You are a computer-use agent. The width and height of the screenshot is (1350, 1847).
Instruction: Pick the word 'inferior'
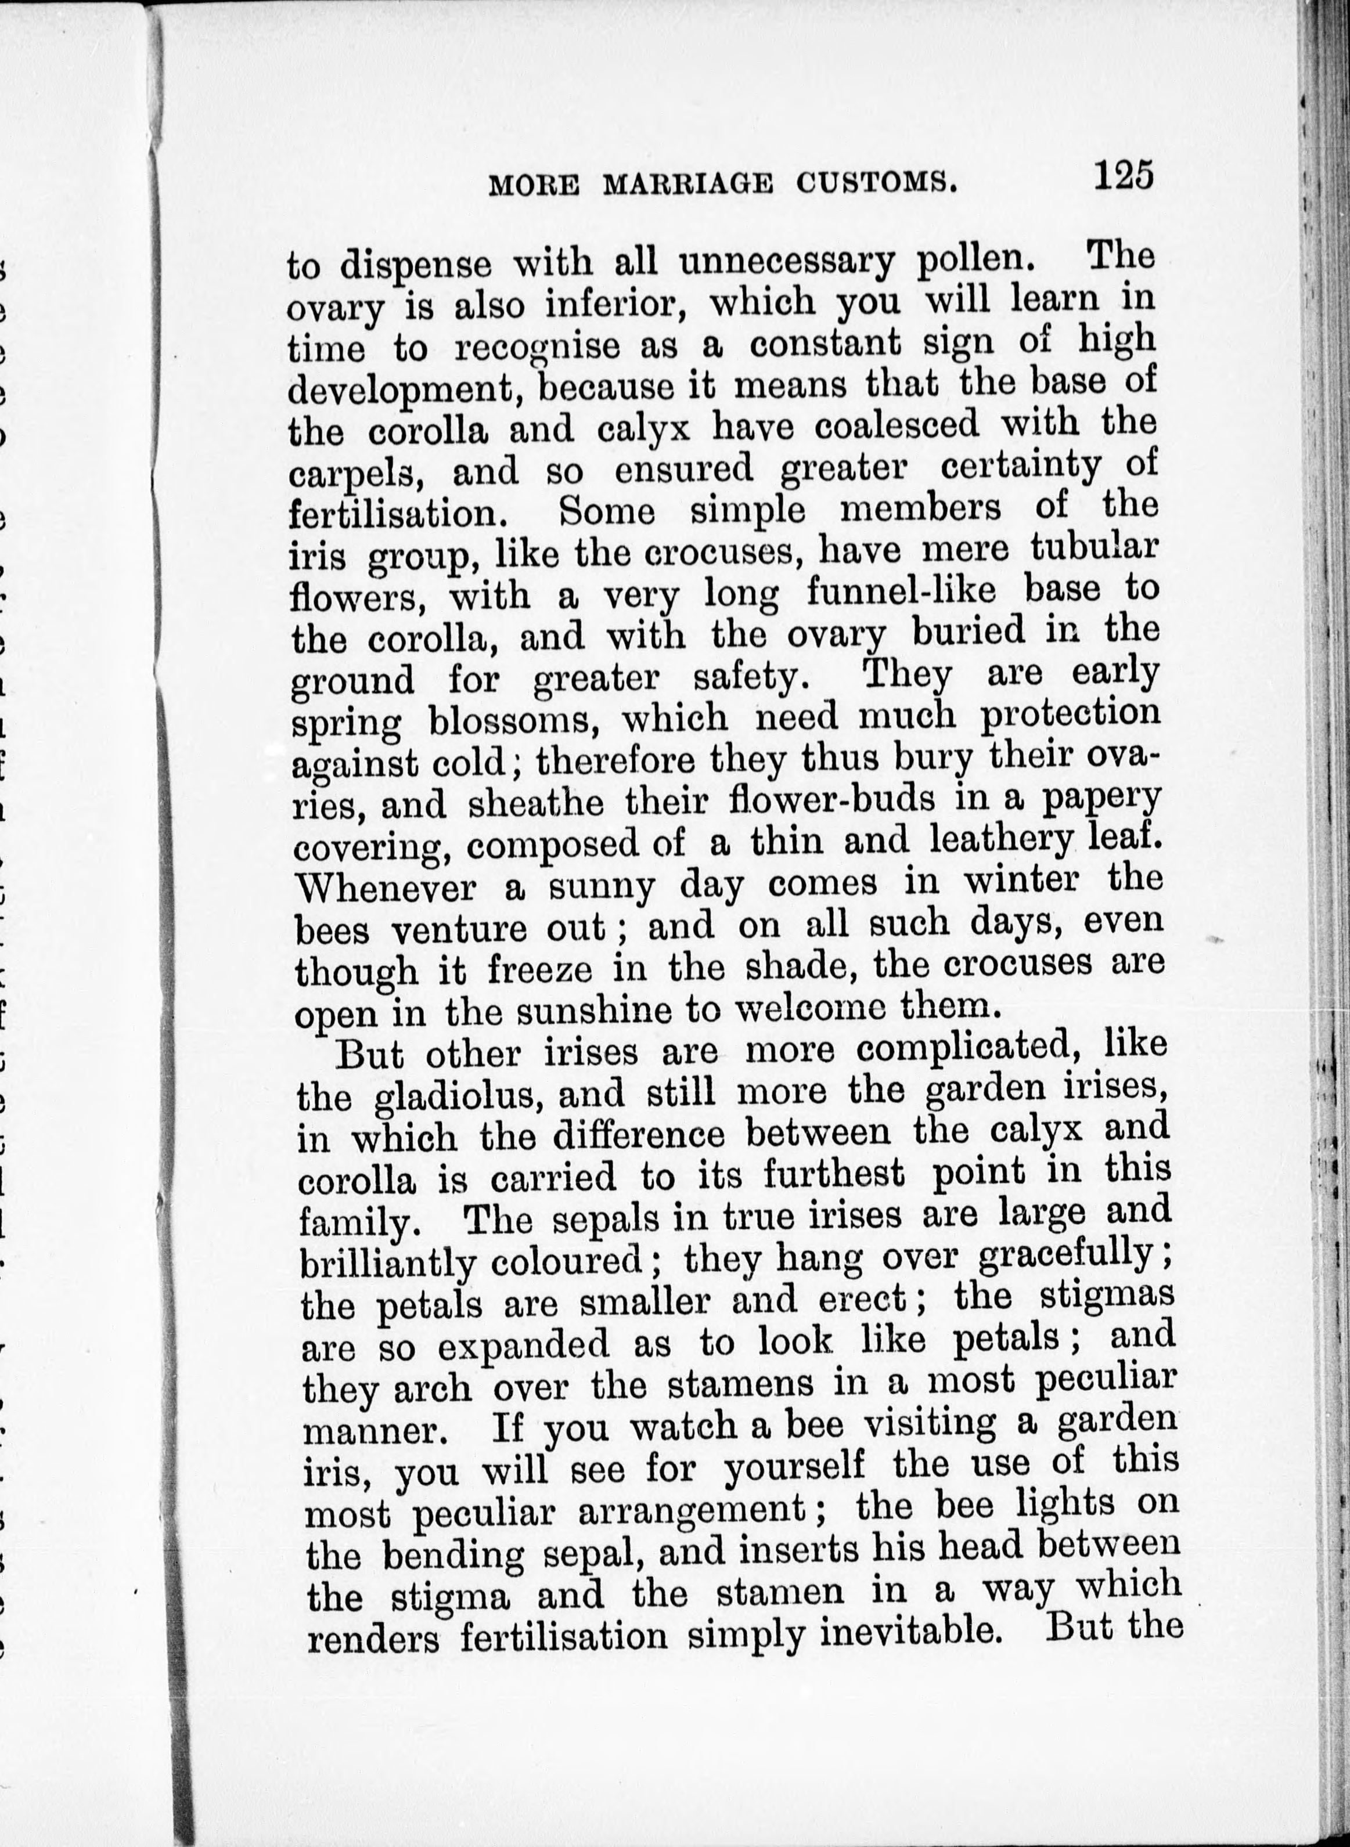point(609,305)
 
